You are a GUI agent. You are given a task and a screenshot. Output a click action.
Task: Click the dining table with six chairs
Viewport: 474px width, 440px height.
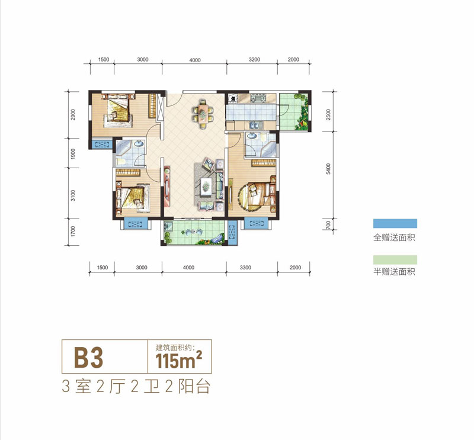point(203,114)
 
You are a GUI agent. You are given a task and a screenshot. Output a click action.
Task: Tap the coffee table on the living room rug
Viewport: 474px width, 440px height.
point(206,187)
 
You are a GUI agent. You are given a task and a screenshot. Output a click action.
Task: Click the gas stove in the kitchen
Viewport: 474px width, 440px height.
point(258,98)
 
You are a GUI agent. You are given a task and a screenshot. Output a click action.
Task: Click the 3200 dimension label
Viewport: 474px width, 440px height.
point(254,60)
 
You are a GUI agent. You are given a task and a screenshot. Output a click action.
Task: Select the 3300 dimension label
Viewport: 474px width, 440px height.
point(245,268)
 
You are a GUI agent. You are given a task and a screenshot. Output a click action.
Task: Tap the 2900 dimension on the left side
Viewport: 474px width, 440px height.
point(73,115)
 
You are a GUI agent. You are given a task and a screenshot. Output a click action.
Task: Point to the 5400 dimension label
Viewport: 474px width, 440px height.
point(328,169)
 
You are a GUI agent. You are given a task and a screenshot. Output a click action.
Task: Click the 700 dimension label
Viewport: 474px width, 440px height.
point(329,225)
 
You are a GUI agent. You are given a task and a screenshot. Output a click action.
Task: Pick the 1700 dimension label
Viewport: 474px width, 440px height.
point(72,231)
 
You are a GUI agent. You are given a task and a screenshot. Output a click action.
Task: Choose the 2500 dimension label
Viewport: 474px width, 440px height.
point(329,114)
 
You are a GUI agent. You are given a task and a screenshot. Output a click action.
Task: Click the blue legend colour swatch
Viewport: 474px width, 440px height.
point(395,223)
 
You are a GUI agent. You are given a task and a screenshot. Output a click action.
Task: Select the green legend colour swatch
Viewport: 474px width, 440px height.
point(395,260)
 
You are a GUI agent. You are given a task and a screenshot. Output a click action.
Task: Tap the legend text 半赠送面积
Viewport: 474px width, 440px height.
point(394,272)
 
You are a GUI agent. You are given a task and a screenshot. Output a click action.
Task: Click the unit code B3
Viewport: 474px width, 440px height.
point(88,358)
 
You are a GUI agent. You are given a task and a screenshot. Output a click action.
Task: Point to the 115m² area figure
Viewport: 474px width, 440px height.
point(179,360)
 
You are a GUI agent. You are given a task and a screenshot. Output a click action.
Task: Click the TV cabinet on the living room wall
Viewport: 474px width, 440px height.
point(167,186)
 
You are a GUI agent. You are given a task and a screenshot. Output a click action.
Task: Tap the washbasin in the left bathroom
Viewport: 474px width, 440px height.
point(139,143)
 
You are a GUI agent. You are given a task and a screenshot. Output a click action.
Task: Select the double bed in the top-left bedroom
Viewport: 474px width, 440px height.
point(117,110)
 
